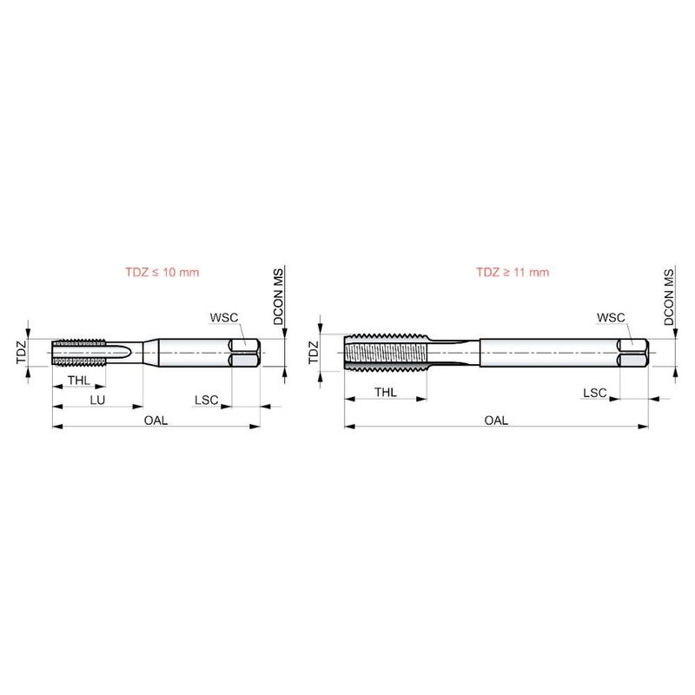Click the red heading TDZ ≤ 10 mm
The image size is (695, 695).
[162, 272]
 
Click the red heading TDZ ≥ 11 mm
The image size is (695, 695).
[513, 272]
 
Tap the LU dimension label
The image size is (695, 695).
[97, 400]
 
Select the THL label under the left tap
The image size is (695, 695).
[79, 380]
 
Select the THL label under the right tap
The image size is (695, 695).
[386, 393]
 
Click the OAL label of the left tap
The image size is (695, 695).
[156, 420]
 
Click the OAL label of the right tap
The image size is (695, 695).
[496, 420]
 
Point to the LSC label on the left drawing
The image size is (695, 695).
[207, 400]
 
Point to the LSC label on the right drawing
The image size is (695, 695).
[595, 393]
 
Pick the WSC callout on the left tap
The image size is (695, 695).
[224, 317]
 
